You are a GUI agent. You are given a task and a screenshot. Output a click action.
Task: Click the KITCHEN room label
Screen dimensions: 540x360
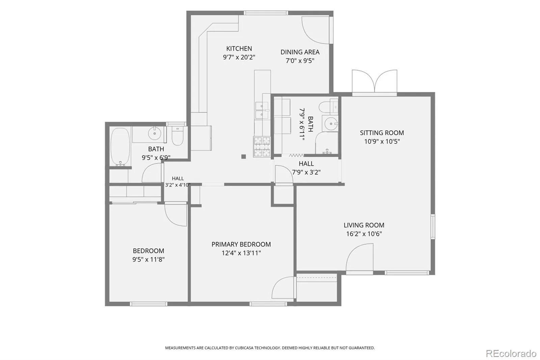click(239, 49)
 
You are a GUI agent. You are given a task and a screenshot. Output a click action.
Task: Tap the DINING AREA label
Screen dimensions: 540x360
click(300, 52)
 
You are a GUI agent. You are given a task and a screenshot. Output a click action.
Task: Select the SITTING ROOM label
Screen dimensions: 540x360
click(382, 133)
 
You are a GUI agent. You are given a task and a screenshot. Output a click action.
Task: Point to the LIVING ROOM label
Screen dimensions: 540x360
click(364, 225)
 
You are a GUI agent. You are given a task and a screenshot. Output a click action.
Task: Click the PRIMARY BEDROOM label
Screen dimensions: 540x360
click(241, 244)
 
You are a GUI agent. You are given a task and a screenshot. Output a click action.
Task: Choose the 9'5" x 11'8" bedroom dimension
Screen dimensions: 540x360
click(148, 259)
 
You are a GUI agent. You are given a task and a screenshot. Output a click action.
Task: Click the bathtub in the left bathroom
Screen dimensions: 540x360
click(120, 147)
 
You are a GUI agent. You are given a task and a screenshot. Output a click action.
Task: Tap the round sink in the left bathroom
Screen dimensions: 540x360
click(155, 133)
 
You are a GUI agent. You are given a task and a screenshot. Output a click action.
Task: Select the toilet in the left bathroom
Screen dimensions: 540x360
click(178, 136)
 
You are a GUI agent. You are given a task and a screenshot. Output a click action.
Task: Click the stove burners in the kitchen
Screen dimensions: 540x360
click(262, 147)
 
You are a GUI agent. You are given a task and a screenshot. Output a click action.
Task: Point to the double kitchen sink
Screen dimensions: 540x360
click(262, 110)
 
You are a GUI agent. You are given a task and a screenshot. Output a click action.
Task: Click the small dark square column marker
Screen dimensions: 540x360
click(243, 157)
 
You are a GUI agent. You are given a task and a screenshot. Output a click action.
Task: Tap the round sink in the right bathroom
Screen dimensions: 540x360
click(331, 124)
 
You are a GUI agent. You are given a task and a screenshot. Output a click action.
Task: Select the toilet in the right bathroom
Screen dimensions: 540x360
click(328, 107)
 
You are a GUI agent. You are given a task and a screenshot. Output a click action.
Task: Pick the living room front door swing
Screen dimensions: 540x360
click(359, 257)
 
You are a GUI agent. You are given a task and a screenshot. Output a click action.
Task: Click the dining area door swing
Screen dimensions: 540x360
click(316, 30)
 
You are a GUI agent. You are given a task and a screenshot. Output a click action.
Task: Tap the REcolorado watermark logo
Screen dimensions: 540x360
click(511, 354)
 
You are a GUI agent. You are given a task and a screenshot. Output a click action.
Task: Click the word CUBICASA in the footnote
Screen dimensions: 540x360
click(244, 348)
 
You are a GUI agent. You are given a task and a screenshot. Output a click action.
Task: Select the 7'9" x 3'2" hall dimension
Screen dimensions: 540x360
click(306, 172)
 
